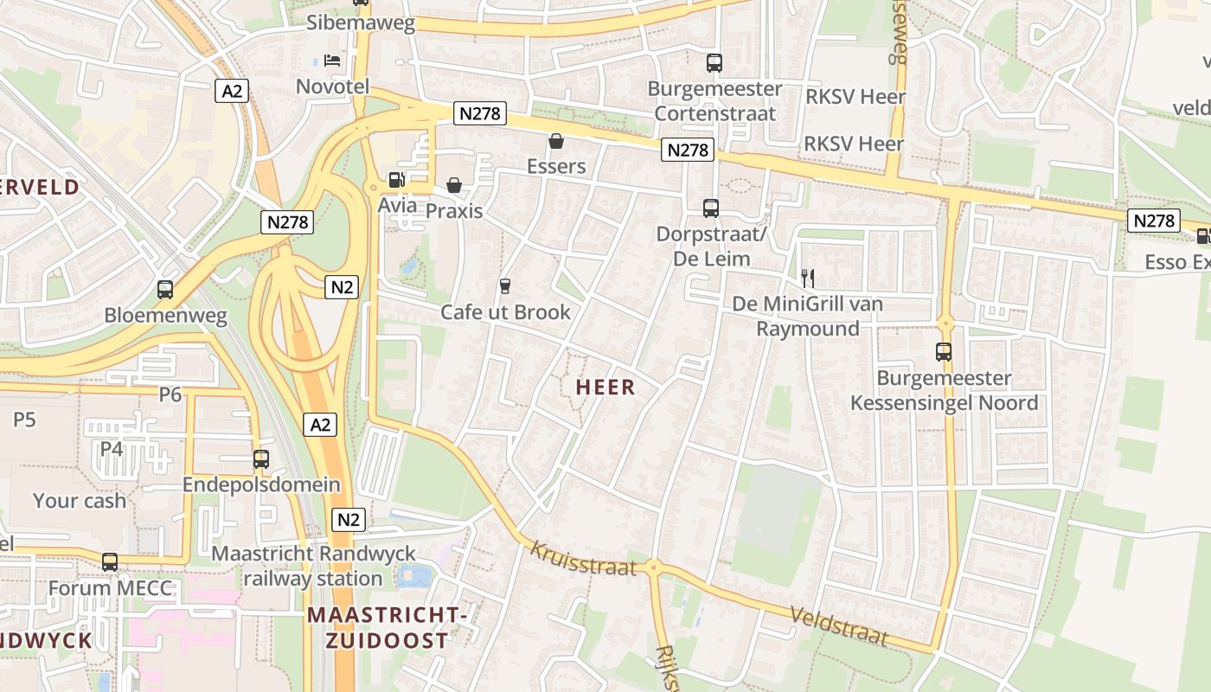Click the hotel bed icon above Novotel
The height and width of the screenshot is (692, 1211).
(332, 60)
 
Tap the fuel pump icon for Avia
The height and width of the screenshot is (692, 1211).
(397, 180)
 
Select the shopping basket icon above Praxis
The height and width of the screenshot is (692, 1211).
(454, 185)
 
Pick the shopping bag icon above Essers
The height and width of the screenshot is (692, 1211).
(556, 140)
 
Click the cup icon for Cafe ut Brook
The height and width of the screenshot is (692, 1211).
(505, 285)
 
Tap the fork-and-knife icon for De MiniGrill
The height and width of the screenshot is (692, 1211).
(808, 278)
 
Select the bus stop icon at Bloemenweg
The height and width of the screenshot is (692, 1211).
(165, 290)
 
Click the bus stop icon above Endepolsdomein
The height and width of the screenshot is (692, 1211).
(261, 459)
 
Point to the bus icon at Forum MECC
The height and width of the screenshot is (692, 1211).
(110, 562)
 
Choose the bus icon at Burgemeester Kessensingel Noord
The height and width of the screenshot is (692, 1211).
(944, 352)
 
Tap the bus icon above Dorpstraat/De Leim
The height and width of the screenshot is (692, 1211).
(711, 208)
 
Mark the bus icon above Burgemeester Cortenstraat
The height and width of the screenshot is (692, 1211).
(714, 62)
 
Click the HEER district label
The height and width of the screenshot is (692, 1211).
(605, 388)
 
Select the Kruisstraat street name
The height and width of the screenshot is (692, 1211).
(583, 559)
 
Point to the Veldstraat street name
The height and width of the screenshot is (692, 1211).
(839, 625)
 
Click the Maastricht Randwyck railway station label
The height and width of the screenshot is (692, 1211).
(313, 566)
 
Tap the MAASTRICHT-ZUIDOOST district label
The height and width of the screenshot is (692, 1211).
(387, 627)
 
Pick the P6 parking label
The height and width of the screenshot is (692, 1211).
(170, 394)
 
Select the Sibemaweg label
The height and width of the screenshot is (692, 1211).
(361, 22)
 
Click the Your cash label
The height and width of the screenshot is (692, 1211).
(80, 500)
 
